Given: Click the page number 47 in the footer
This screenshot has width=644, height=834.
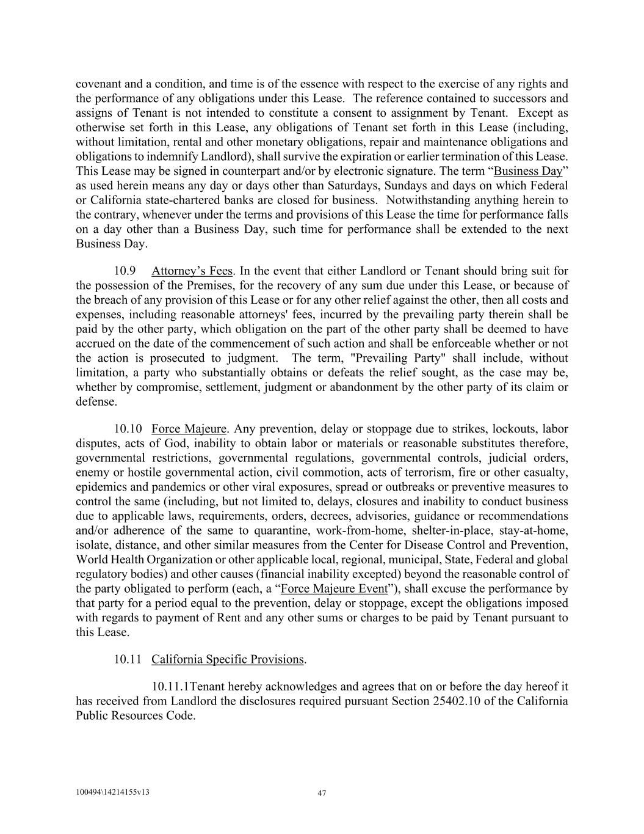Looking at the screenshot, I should (x=322, y=794).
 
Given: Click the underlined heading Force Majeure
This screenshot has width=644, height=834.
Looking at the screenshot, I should (x=189, y=429).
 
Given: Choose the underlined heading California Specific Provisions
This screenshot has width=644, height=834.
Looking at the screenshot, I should (x=227, y=659).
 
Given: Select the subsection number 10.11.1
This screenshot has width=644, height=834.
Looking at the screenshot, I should (x=171, y=686).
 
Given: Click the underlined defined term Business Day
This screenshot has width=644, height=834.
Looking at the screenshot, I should (x=527, y=170).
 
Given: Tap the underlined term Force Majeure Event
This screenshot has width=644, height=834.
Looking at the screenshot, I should (x=334, y=588).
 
